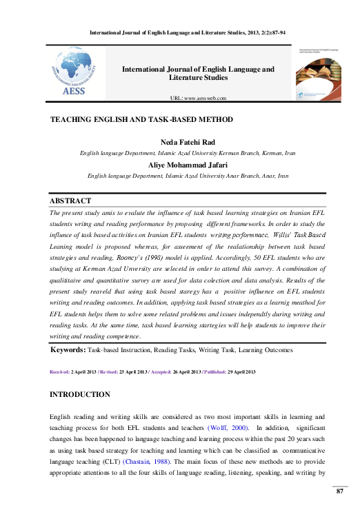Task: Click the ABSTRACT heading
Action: click(x=70, y=201)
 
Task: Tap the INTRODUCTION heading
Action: click(x=80, y=394)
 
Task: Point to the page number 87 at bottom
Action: click(x=339, y=491)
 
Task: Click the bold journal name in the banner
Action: click(x=198, y=73)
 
